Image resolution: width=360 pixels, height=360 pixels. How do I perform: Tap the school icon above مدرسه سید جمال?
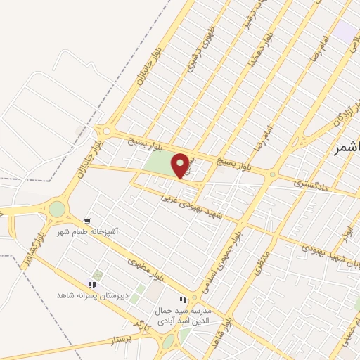(x=183, y=300)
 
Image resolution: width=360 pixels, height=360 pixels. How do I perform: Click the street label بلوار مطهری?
(x=148, y=269)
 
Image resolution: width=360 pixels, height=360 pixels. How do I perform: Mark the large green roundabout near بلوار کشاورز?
(x=56, y=209)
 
